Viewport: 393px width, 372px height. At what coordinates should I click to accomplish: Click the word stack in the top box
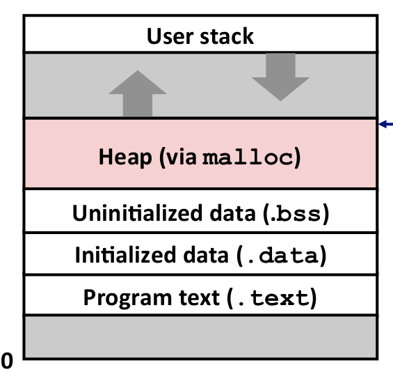coord(227,36)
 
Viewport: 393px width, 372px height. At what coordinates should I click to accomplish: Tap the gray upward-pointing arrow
coord(138,93)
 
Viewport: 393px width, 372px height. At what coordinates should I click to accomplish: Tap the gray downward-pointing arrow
coord(280,77)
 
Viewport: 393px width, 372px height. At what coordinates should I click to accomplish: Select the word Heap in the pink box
coord(125,157)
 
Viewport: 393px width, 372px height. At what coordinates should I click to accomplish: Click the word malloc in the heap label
coord(248,157)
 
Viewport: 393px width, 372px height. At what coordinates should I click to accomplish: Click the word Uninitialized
coord(137,213)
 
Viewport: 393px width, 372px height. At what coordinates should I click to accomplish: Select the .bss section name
coord(296,214)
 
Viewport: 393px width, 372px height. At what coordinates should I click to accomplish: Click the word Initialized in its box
coord(125,255)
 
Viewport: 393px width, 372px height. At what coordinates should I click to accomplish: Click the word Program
coord(127,298)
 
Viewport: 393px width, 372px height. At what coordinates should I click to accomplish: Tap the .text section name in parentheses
coord(273,298)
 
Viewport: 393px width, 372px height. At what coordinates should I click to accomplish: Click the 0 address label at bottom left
coord(7,360)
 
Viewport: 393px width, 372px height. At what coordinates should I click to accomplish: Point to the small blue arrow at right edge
coord(385,124)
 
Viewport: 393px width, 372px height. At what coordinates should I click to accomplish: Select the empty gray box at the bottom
coord(200,337)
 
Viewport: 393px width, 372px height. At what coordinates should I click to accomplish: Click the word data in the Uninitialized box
coord(232,213)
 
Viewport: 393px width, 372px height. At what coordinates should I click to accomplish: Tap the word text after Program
coord(200,297)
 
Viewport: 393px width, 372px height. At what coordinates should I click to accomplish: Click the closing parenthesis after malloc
coord(298,157)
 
